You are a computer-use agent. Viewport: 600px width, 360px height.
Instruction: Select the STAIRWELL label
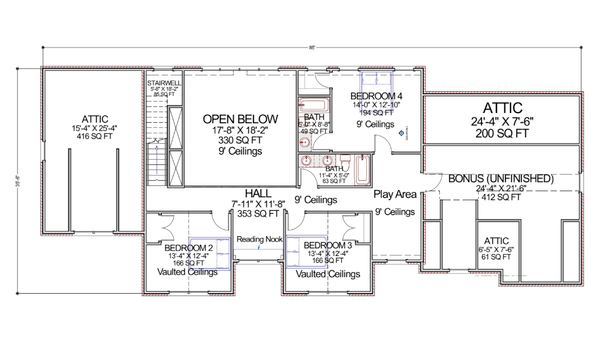[162, 82]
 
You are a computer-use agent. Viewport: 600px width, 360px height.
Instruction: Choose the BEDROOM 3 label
[328, 245]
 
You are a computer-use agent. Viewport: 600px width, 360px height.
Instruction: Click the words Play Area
[395, 194]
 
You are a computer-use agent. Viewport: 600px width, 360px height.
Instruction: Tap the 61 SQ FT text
[498, 258]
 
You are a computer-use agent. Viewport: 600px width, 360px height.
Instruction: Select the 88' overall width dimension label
[312, 46]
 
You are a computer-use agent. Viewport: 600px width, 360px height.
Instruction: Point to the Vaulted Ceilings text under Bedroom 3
[328, 274]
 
